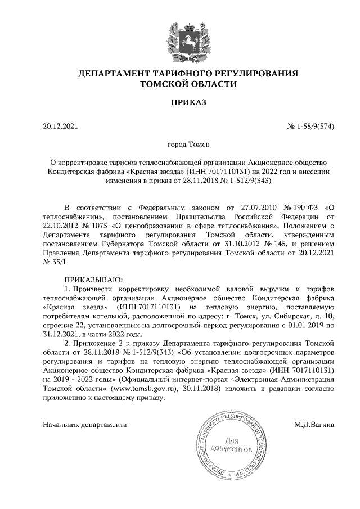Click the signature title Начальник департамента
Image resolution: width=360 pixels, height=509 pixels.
click(x=84, y=424)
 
